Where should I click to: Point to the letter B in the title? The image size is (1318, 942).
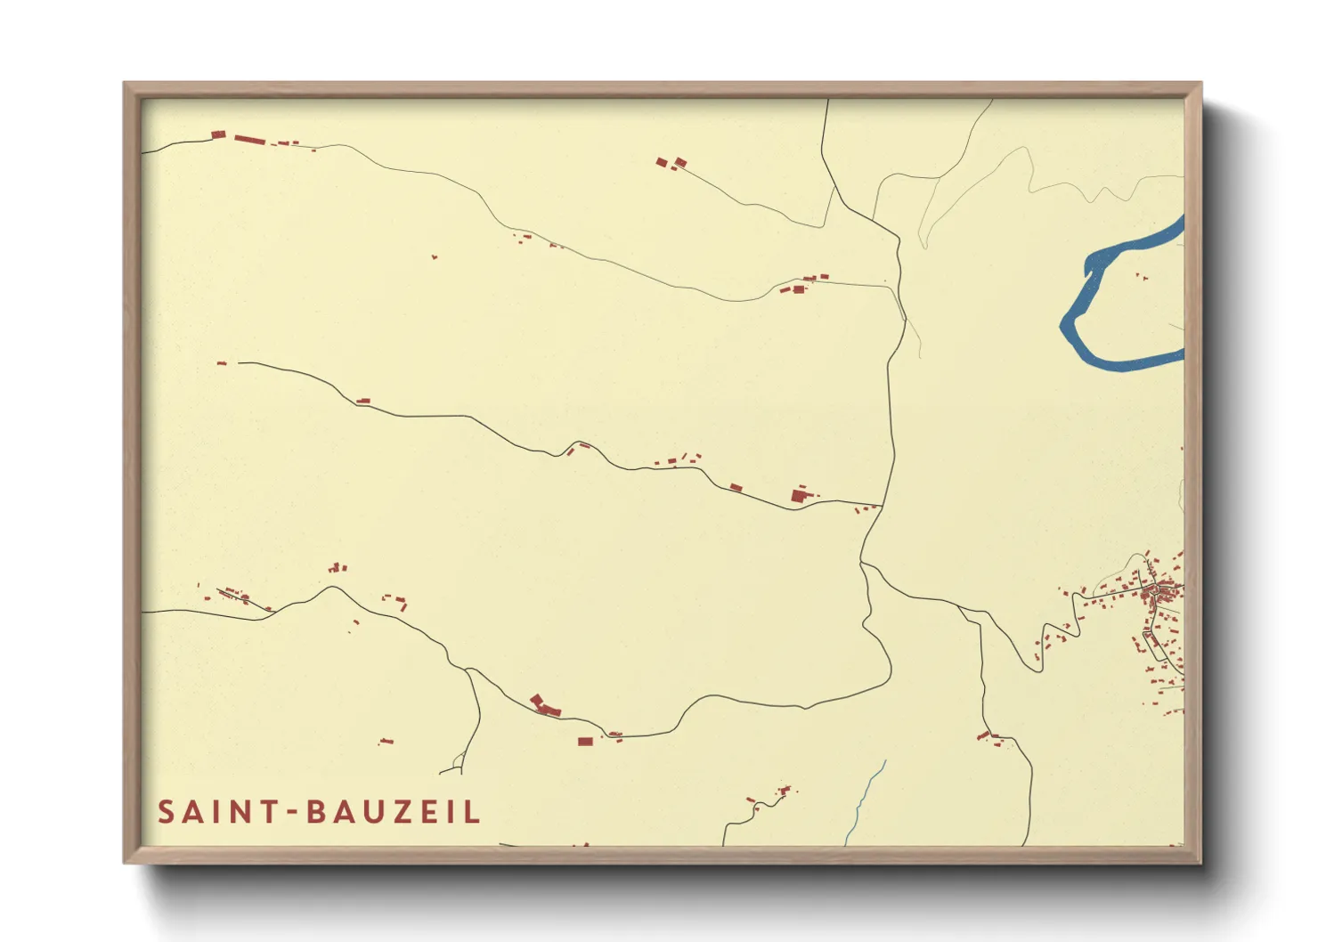[x=316, y=812]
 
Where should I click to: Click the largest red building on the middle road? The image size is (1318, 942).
[x=799, y=495]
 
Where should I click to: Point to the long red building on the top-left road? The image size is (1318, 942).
[x=250, y=139]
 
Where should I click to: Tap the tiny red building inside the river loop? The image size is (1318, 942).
[x=1141, y=277]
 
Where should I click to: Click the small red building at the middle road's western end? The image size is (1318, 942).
[x=222, y=363]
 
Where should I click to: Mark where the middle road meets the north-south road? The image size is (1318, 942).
[x=881, y=506]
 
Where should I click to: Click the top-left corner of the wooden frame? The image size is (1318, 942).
[x=125, y=84]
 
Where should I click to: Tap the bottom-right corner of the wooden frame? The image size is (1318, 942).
[x=1200, y=862]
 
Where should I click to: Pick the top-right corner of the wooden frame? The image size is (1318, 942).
[x=1200, y=84]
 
